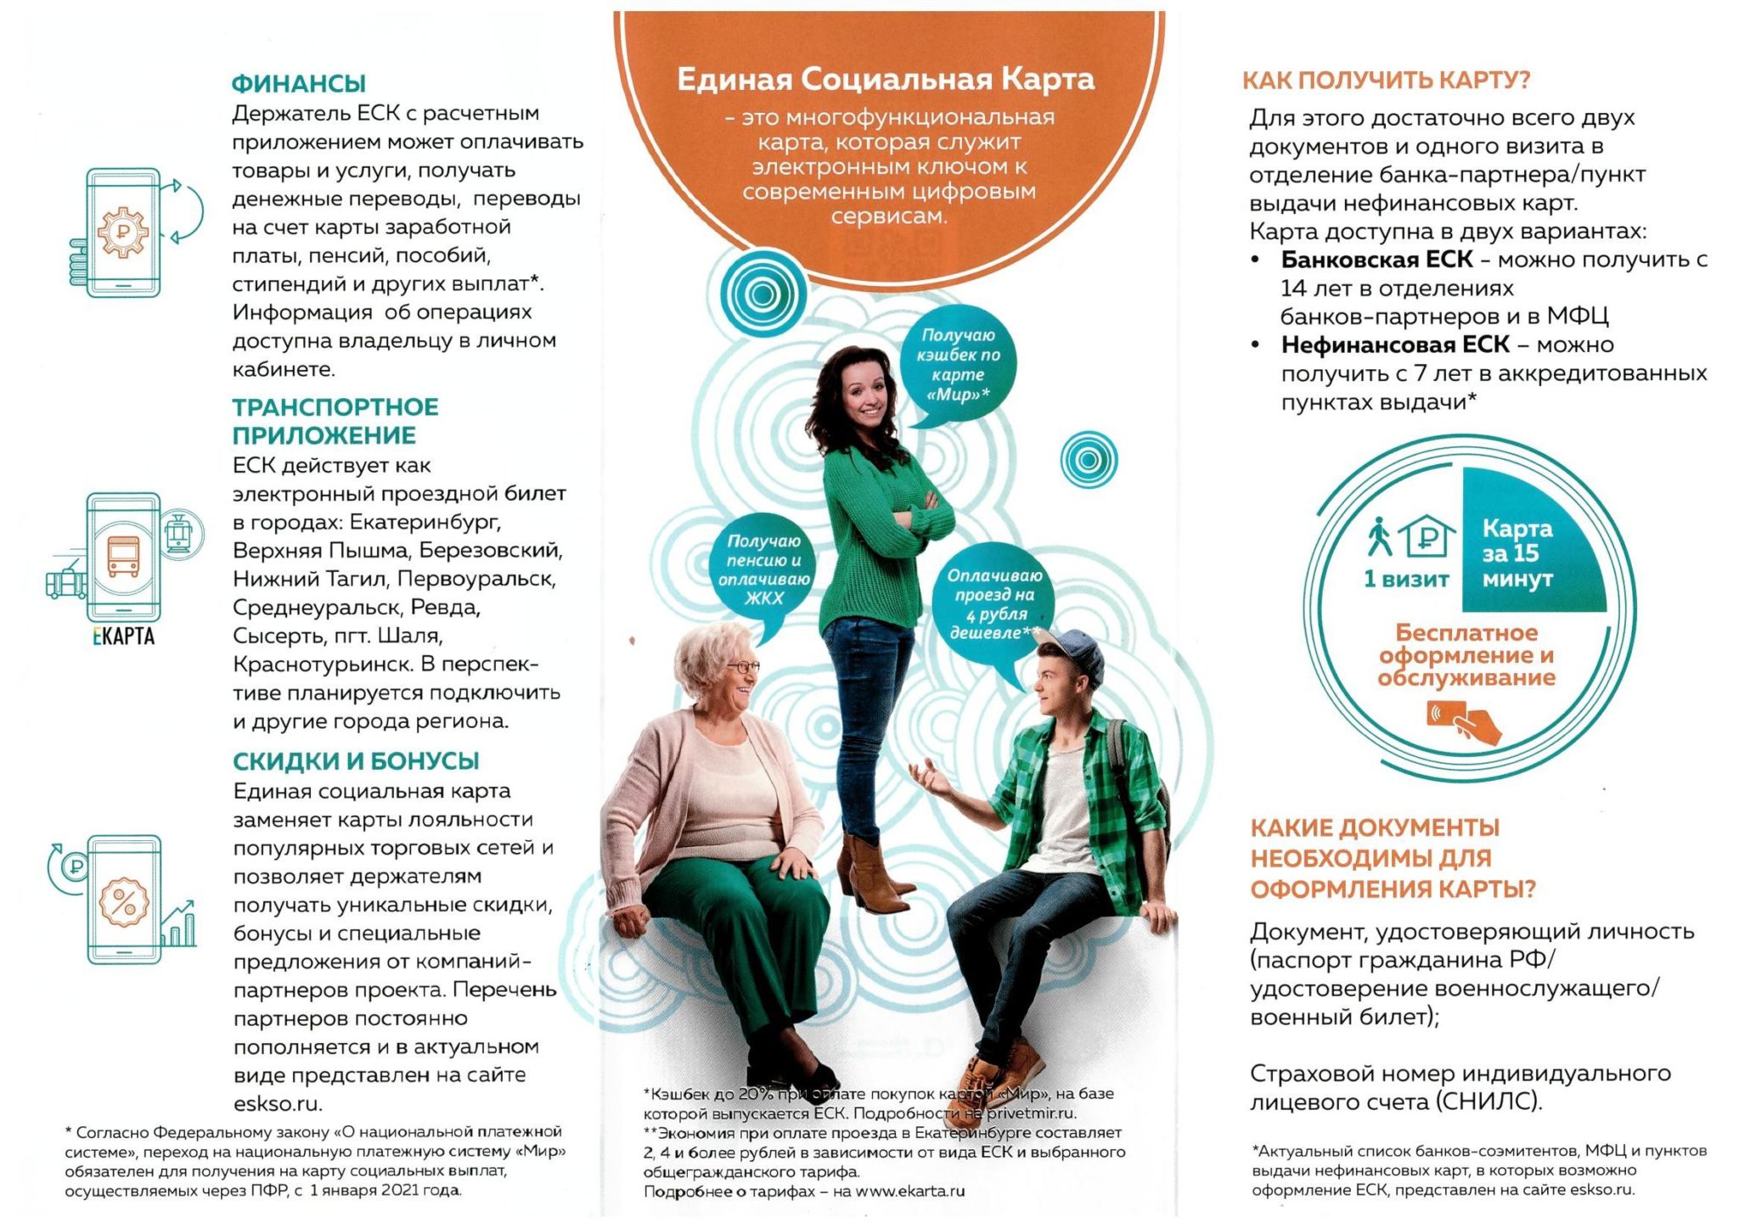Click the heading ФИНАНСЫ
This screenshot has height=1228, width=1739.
click(298, 83)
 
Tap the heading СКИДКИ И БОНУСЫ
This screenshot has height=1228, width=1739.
click(356, 760)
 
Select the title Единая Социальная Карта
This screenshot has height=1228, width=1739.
click(885, 79)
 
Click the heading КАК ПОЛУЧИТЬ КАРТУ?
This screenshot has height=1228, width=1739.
click(1386, 81)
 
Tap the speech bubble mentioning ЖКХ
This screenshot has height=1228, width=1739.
click(763, 569)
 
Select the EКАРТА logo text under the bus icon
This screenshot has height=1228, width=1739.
click(124, 636)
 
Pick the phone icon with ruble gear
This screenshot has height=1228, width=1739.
click(124, 232)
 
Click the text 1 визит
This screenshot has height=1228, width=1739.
click(1406, 579)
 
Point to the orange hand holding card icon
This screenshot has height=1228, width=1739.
click(1465, 721)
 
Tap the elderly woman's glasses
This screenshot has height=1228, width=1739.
click(741, 667)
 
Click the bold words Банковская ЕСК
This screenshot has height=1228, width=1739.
click(1376, 260)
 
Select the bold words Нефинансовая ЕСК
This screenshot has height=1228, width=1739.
click(1394, 345)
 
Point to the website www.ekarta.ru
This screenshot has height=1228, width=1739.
click(910, 1192)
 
